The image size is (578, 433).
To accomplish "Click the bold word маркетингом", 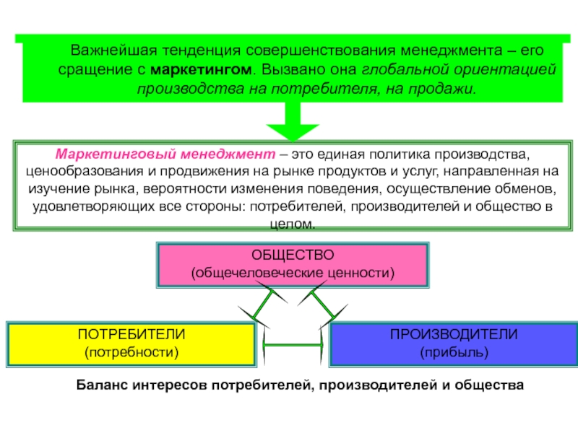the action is pos(201,69).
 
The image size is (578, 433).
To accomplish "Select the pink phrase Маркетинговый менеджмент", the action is pos(165,154).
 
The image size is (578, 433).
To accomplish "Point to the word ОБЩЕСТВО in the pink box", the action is pos(293,255).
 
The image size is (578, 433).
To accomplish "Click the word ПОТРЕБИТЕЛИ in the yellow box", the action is pos(131,334).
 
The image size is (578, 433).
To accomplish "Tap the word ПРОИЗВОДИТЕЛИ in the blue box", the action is pos(454,334).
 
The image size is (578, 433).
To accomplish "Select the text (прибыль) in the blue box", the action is pos(454,352).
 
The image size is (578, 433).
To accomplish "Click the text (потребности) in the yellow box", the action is pos(131,352).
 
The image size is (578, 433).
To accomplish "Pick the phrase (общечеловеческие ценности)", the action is pos(293,273).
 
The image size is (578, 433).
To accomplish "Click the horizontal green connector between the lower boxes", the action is pos(293,345).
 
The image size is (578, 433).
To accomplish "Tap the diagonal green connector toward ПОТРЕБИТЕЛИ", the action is pos(263,304).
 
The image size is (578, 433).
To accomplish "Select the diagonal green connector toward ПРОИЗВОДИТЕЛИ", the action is pos(323,304).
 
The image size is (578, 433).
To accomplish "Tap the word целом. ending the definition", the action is pos(293,224).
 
